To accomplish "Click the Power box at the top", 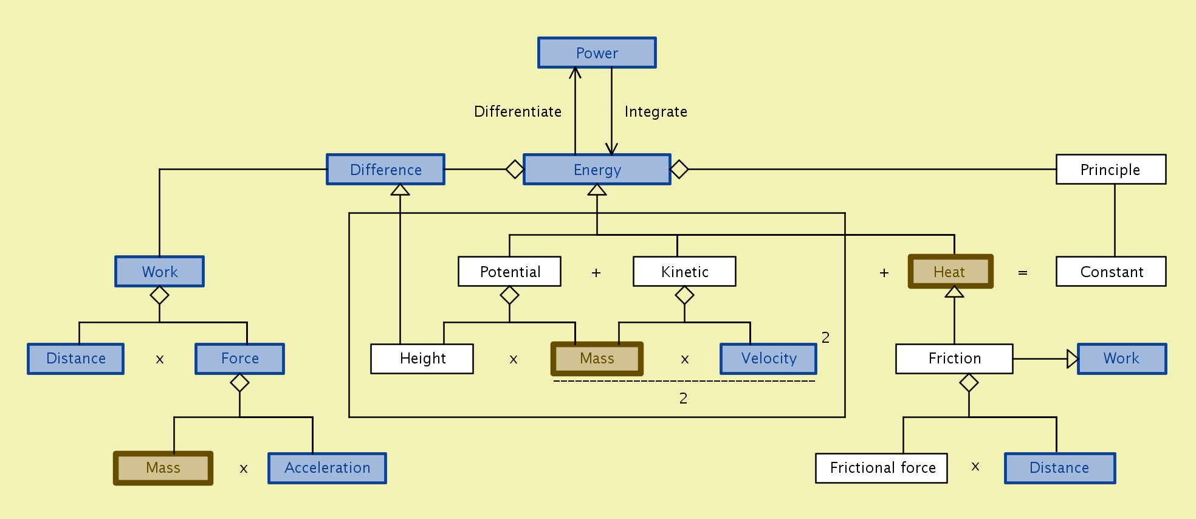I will (597, 53).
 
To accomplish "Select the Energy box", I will (597, 170).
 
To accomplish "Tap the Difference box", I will (385, 170).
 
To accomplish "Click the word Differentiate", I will (518, 112).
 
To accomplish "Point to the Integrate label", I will (656, 112).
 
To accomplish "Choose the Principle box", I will (1110, 170).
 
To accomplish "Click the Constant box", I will (1111, 272).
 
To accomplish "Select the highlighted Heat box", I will (950, 272).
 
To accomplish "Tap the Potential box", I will (509, 272).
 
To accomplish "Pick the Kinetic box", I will (684, 272).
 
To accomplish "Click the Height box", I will (422, 359).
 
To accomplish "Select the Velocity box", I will (768, 359).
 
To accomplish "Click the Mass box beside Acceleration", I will (163, 468).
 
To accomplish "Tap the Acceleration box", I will (327, 468).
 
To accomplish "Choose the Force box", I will (239, 359).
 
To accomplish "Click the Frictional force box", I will (881, 468).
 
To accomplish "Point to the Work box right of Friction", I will (1121, 359).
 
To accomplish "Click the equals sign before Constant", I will (1023, 273).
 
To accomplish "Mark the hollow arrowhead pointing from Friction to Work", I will (1073, 359).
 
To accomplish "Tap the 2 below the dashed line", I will (683, 398).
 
